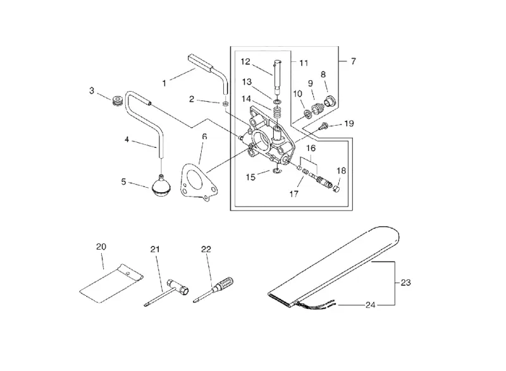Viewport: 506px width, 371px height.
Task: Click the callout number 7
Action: pyautogui.click(x=354, y=61)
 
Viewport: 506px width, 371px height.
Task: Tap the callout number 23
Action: pyautogui.click(x=405, y=283)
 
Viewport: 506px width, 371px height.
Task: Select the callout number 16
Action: pyautogui.click(x=311, y=149)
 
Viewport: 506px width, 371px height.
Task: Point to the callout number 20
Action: pyautogui.click(x=101, y=247)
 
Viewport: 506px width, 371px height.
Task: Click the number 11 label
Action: pyautogui.click(x=304, y=63)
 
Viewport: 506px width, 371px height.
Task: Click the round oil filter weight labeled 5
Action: pyautogui.click(x=160, y=186)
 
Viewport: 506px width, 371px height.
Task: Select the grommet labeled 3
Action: pyautogui.click(x=117, y=100)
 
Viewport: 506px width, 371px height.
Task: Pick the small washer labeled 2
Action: pyautogui.click(x=225, y=104)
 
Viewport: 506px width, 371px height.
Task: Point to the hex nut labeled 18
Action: pyautogui.click(x=336, y=188)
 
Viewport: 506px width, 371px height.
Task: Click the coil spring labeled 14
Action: pyautogui.click(x=277, y=113)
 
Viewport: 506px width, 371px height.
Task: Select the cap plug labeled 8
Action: pyautogui.click(x=330, y=100)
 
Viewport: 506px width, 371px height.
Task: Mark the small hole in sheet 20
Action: pyautogui.click(x=128, y=274)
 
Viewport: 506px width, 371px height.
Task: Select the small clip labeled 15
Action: pyautogui.click(x=276, y=170)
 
